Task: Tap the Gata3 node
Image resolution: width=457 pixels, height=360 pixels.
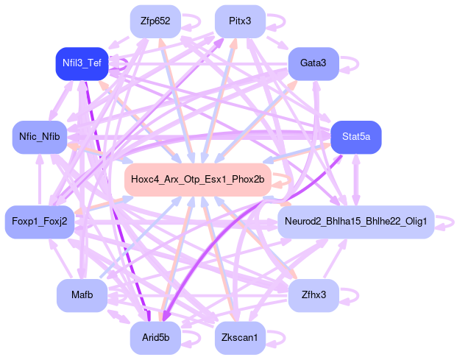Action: (x=313, y=63)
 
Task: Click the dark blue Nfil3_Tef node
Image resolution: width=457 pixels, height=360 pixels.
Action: (x=82, y=63)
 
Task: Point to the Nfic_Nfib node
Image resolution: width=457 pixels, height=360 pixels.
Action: (x=40, y=137)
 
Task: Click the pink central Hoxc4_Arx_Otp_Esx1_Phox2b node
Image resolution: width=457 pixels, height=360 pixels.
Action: (x=199, y=179)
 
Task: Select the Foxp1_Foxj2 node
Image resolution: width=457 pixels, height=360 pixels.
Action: (x=40, y=221)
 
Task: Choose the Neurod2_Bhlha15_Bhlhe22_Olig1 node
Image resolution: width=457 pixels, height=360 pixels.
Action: (x=356, y=221)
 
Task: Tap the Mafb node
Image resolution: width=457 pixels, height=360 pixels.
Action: (x=82, y=295)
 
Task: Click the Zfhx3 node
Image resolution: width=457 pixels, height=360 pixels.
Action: (x=313, y=295)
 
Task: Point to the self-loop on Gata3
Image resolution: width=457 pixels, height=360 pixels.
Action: (x=352, y=63)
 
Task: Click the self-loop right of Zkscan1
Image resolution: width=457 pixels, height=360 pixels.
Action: (x=278, y=338)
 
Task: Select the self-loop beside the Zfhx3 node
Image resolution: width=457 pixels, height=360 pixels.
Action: (x=352, y=295)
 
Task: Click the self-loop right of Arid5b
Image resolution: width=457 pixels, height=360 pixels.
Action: (x=191, y=338)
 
